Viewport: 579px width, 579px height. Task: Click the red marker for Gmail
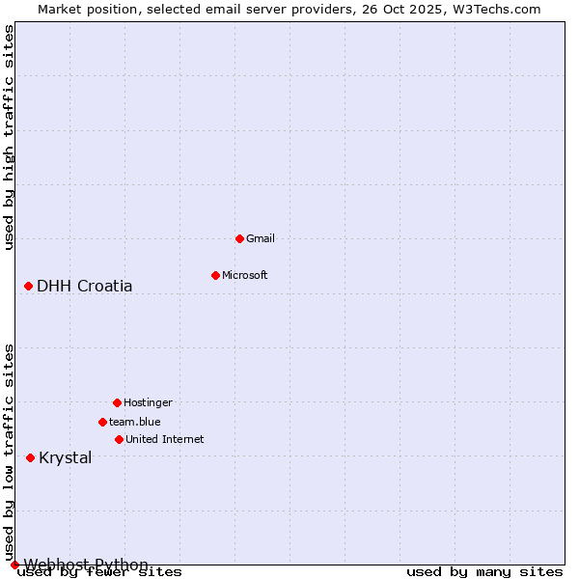(x=239, y=238)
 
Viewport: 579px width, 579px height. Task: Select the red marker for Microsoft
(x=215, y=275)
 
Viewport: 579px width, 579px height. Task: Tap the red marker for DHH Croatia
(x=29, y=286)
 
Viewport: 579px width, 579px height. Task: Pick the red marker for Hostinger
(x=117, y=402)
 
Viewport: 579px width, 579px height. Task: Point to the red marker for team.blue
(x=102, y=422)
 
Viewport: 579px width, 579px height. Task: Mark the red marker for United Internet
(x=119, y=439)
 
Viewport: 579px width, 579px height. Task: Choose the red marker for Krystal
(x=31, y=457)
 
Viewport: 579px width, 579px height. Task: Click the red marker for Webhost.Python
(x=14, y=565)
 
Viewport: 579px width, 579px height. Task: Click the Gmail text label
(x=261, y=238)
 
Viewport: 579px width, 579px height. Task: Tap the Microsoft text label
(x=245, y=275)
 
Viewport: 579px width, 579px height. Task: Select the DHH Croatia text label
(x=85, y=286)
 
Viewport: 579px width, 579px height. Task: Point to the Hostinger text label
(x=148, y=402)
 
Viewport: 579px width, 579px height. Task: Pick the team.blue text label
(x=135, y=422)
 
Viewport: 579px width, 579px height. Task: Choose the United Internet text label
(x=165, y=439)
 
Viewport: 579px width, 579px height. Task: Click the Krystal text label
(x=66, y=457)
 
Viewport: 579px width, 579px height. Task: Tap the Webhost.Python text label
(x=86, y=565)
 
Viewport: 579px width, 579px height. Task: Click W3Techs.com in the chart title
(x=496, y=9)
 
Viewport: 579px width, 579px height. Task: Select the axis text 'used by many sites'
(x=484, y=572)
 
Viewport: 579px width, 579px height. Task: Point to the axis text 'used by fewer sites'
(x=100, y=572)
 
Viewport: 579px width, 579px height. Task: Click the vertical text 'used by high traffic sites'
(x=10, y=138)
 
